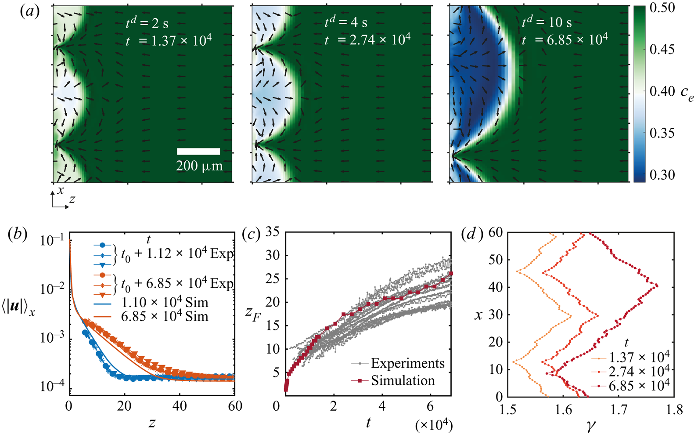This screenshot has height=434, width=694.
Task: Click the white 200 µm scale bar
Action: [198, 152]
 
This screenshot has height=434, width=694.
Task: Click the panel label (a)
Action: [30, 11]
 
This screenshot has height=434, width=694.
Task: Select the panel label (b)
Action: [18, 234]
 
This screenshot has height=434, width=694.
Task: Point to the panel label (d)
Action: [472, 234]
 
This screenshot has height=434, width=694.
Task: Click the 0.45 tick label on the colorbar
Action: [662, 49]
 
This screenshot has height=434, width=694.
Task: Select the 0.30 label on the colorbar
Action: [662, 175]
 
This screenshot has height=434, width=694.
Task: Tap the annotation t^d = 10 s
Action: [547, 22]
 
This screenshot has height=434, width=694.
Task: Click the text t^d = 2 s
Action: [147, 23]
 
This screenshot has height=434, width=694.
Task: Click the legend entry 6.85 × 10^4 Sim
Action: [165, 316]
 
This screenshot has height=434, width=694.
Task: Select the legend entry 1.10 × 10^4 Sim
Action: [165, 302]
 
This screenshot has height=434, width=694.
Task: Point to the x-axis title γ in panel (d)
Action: [590, 425]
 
